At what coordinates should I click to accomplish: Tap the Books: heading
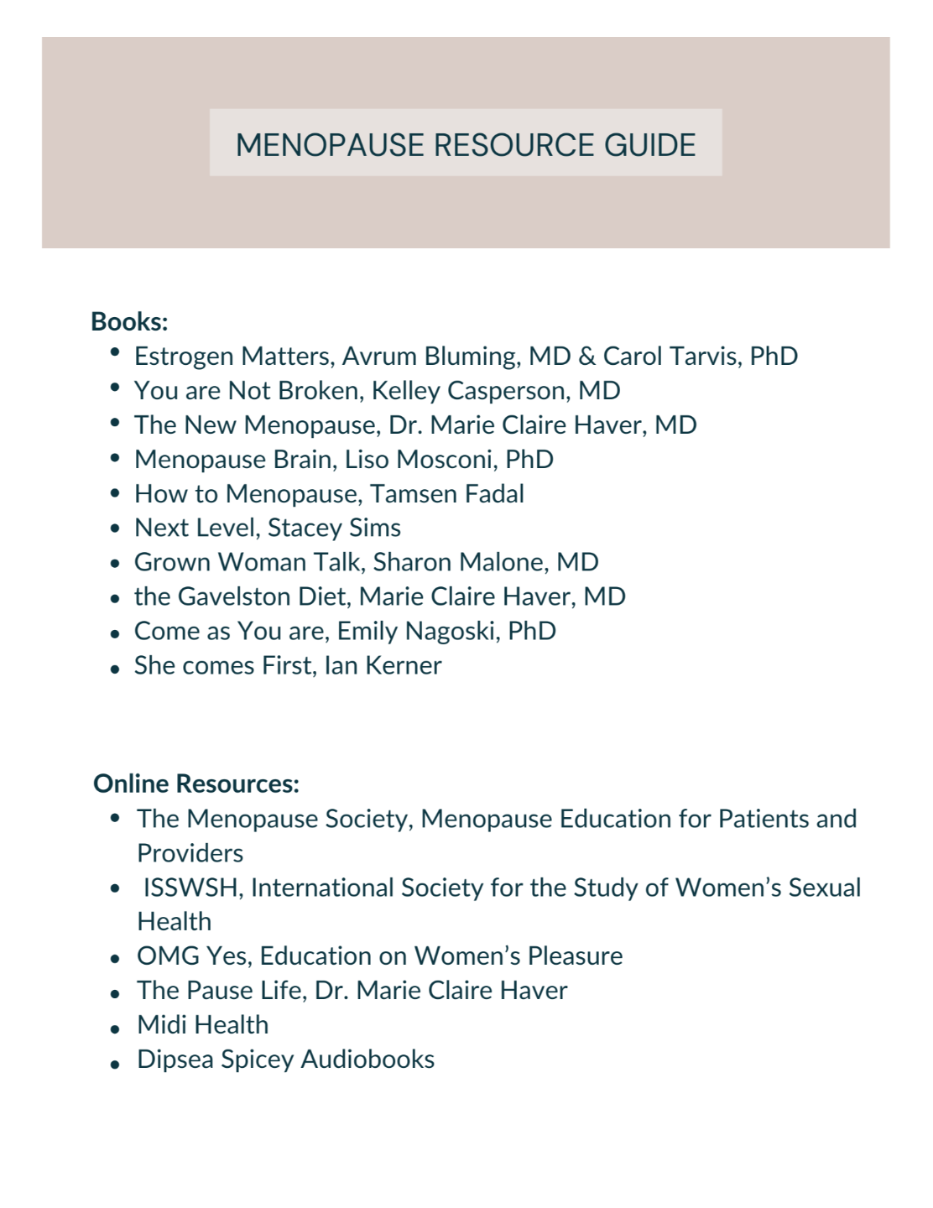129,322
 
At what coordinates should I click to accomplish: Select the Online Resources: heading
196,784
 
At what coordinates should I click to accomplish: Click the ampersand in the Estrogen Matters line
586,357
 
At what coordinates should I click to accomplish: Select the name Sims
375,528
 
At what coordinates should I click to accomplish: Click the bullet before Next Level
115,529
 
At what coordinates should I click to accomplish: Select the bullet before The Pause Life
115,993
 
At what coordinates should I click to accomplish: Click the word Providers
190,853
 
